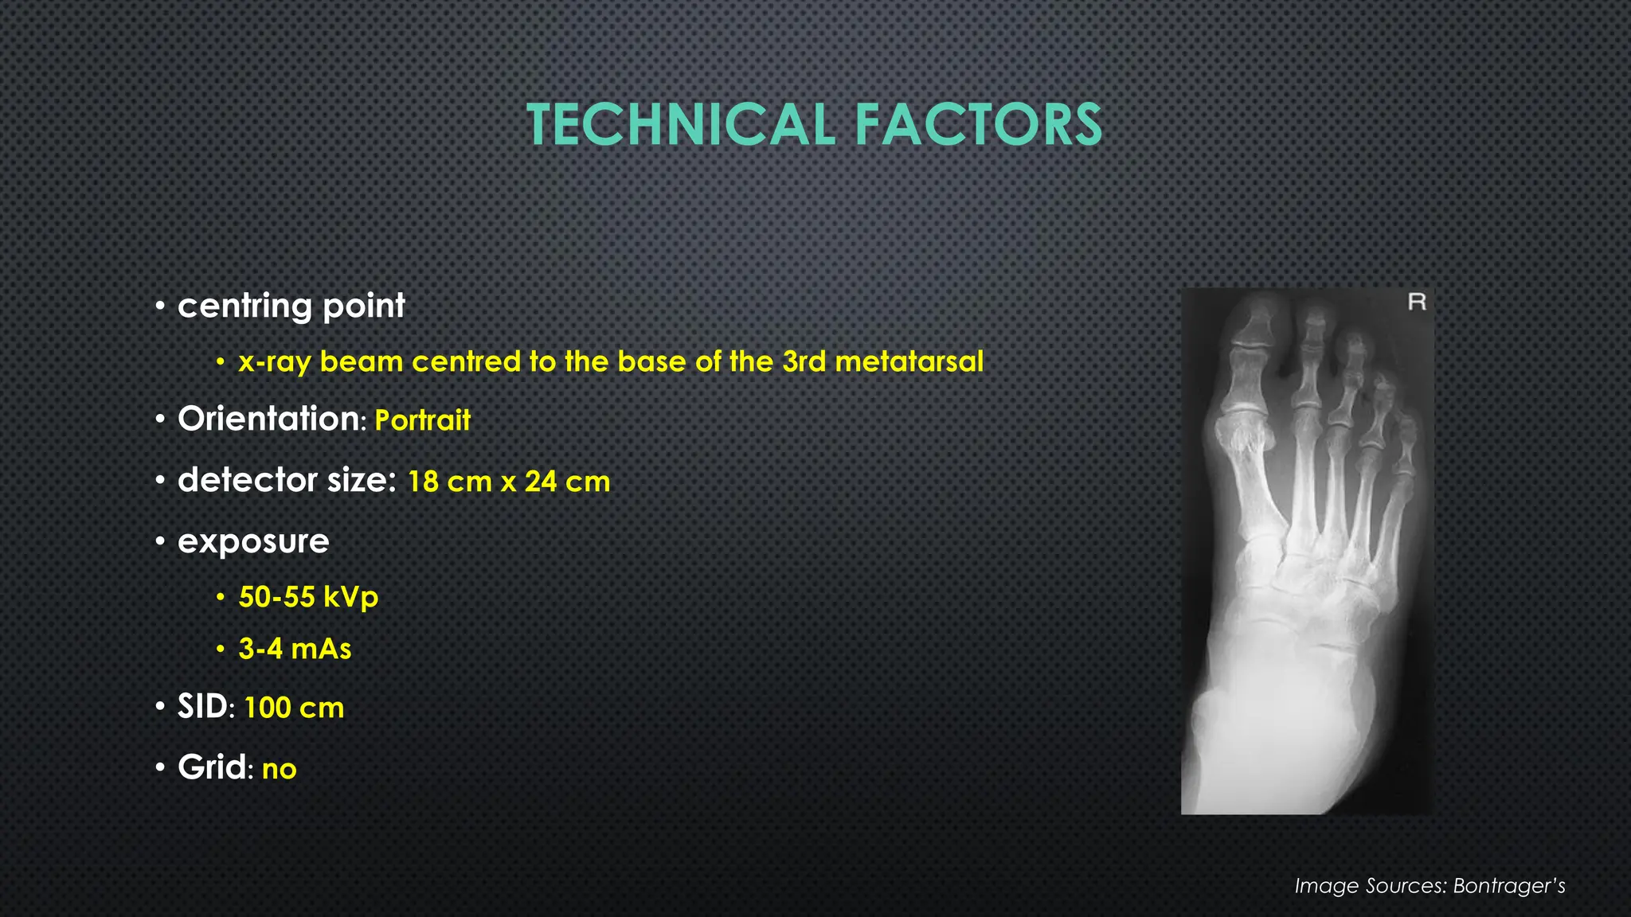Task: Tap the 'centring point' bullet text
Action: [x=291, y=306]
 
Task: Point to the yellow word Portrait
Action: [x=422, y=420]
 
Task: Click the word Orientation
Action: [x=268, y=419]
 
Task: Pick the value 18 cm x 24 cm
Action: [x=508, y=482]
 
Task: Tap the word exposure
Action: [x=253, y=542]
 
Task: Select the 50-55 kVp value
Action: [x=308, y=597]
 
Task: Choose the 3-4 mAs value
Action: [x=295, y=649]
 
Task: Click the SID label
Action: [x=202, y=707]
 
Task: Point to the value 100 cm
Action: [x=294, y=708]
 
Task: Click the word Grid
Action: [x=212, y=768]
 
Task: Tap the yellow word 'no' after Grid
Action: [x=279, y=769]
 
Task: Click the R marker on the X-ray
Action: [x=1417, y=302]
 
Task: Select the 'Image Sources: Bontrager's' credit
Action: [x=1430, y=886]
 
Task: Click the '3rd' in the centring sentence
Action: [x=804, y=362]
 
